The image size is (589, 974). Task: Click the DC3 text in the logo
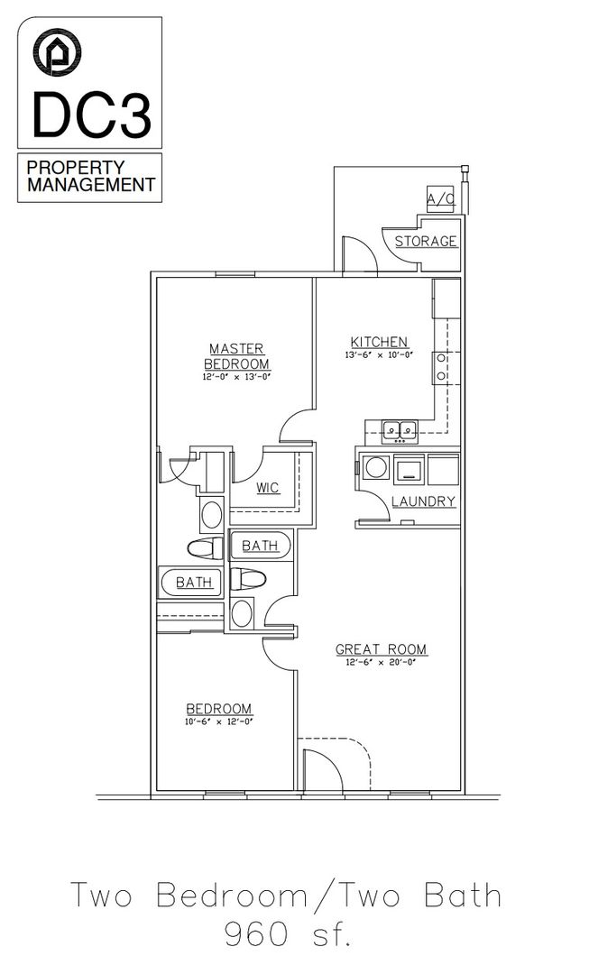pos(90,114)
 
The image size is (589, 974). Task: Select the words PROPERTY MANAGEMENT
pos(90,177)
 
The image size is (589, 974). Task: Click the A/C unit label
pos(441,198)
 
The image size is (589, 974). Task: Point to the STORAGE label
pos(426,242)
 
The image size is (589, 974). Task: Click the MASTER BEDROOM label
pos(236,355)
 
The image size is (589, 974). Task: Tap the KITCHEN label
pos(379,342)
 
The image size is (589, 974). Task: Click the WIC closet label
pos(267,488)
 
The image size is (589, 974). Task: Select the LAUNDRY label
pos(423,501)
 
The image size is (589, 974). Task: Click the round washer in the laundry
pos(376,468)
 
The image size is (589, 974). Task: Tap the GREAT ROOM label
pos(381,649)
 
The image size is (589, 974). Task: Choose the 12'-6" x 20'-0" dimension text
pos(381,664)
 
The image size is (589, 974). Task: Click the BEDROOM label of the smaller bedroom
pos(219,709)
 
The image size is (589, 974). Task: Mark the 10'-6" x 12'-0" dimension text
pos(219,722)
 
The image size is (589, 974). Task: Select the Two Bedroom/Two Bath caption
pos(286,896)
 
